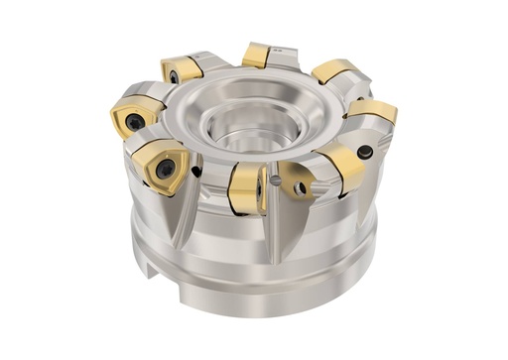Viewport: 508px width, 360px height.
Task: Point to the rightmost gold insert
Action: (374, 110)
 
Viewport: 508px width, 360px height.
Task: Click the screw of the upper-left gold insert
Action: (173, 75)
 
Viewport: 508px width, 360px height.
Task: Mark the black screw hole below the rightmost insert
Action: (366, 152)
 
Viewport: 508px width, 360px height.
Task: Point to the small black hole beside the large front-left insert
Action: (196, 172)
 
